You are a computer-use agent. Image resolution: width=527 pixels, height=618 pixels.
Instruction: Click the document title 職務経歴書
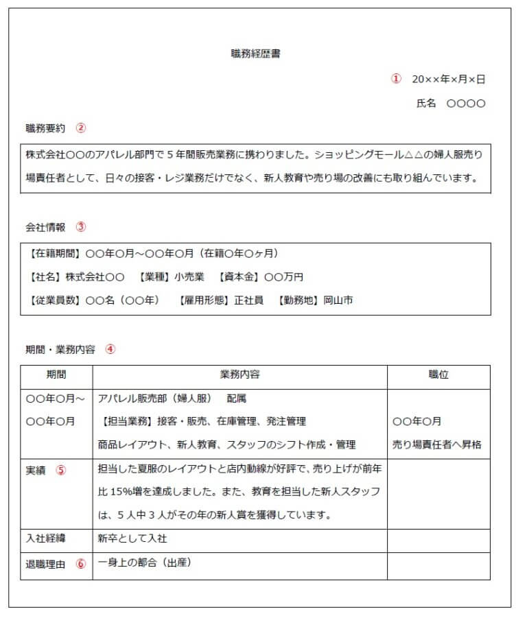pos(255,54)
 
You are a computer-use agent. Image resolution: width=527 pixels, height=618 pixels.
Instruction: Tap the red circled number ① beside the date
pos(396,79)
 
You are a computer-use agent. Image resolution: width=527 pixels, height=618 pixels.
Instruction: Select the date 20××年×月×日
pos(448,80)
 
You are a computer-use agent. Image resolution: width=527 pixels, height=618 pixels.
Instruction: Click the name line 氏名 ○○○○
pos(451,104)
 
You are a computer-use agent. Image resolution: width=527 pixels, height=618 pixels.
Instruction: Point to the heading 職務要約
pos(45,128)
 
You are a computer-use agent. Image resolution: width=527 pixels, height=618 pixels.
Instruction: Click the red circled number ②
pos(80,128)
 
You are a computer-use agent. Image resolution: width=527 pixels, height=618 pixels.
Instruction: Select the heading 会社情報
pos(45,226)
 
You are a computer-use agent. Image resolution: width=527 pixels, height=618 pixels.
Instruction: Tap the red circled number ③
pos(80,226)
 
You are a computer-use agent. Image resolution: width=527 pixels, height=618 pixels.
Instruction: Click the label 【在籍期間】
pos(55,254)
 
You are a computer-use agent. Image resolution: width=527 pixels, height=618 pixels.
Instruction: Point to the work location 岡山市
pos(338,300)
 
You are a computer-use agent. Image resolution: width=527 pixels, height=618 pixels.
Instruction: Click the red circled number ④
pos(110,348)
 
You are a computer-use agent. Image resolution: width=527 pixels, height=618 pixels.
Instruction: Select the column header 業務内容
pos(239,375)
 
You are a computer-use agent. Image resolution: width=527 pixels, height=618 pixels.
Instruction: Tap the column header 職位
pos(438,375)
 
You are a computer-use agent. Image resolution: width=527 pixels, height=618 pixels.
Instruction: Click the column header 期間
pos(56,375)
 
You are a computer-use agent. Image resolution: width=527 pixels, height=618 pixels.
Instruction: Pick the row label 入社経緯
pos(45,539)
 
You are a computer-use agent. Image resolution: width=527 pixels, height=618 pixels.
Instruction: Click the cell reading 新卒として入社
pos(132,539)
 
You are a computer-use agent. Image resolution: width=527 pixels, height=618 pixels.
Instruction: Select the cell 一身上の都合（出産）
pos(143,563)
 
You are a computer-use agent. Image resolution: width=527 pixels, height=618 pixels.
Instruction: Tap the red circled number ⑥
pos(81,564)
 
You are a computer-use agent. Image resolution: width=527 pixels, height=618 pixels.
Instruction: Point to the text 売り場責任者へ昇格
pos(437,444)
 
